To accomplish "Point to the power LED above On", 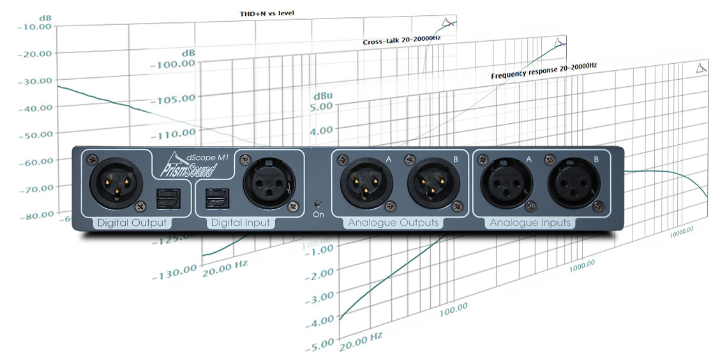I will pos(319,204).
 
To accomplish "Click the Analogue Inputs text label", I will pos(529,223).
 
